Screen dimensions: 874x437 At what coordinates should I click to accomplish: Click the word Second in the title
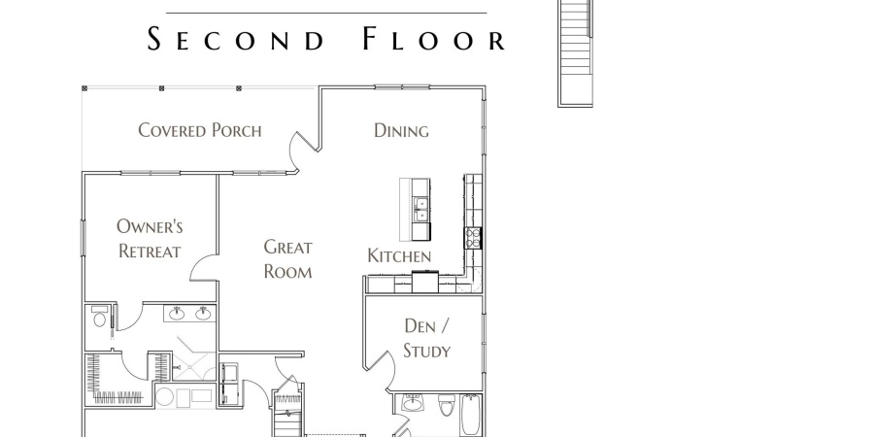[x=235, y=40]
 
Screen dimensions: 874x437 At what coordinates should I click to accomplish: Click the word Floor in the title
[x=434, y=40]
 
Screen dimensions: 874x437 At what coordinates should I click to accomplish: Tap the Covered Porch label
[x=199, y=130]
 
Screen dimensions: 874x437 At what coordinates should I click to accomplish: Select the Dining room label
[x=401, y=130]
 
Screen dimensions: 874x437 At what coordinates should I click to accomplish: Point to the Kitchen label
[x=399, y=256]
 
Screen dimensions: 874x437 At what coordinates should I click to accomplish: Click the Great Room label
[x=287, y=259]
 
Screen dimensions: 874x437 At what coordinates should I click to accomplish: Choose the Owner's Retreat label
[x=150, y=239]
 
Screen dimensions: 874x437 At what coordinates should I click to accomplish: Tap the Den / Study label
[x=427, y=338]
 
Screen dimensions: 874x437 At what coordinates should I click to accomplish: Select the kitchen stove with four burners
[x=473, y=238]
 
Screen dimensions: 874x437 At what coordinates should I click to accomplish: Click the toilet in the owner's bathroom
[x=100, y=316]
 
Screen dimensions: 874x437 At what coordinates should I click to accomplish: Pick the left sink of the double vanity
[x=177, y=314]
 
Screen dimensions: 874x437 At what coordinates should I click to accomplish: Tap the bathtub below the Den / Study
[x=470, y=415]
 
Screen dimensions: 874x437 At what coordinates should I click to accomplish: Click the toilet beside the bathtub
[x=447, y=406]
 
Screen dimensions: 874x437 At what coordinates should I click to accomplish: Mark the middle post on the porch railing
[x=161, y=88]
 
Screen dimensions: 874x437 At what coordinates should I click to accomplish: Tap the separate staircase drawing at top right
[x=575, y=53]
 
